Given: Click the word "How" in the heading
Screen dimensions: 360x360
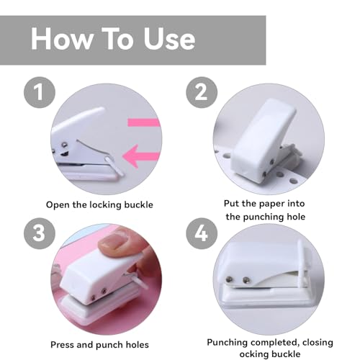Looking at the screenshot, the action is click(x=61, y=39).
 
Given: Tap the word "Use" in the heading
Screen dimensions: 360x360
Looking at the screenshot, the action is click(x=169, y=39).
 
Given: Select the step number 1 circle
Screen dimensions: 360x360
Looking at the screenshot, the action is click(x=40, y=92).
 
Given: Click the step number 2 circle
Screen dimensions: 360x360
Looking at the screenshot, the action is click(x=202, y=92).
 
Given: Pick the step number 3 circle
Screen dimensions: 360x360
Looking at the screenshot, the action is click(x=40, y=233).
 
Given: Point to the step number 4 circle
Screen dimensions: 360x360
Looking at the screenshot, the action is click(x=202, y=233).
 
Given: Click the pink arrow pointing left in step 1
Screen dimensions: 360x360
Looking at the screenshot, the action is click(x=141, y=156).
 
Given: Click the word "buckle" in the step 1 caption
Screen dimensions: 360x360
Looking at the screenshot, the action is click(x=138, y=204).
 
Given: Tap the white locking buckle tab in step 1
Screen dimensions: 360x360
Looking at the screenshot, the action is click(x=114, y=166).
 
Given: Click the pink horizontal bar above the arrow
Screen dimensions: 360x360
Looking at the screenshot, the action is click(x=144, y=122).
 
